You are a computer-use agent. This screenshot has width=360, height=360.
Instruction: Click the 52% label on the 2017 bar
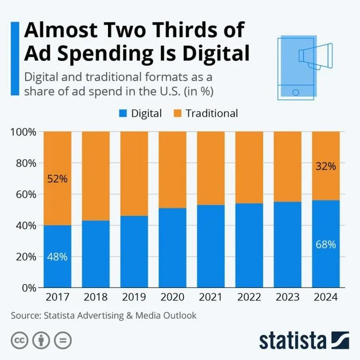[57, 179]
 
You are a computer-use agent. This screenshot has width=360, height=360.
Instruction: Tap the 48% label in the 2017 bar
[57, 257]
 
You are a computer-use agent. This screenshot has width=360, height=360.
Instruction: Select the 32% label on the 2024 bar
[325, 166]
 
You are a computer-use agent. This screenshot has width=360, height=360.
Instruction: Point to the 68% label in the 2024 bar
[325, 244]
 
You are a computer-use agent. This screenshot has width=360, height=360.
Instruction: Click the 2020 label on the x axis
[172, 298]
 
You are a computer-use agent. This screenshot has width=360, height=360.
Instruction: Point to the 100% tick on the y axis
[23, 132]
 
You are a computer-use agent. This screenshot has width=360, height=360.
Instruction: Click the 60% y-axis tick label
[25, 194]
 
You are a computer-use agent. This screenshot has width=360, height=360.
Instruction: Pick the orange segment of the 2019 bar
[134, 172]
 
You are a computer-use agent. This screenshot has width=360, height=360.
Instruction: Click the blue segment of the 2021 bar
[210, 247]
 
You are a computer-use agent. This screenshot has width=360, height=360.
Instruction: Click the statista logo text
[293, 340]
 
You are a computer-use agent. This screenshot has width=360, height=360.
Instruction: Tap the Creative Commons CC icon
[20, 340]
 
